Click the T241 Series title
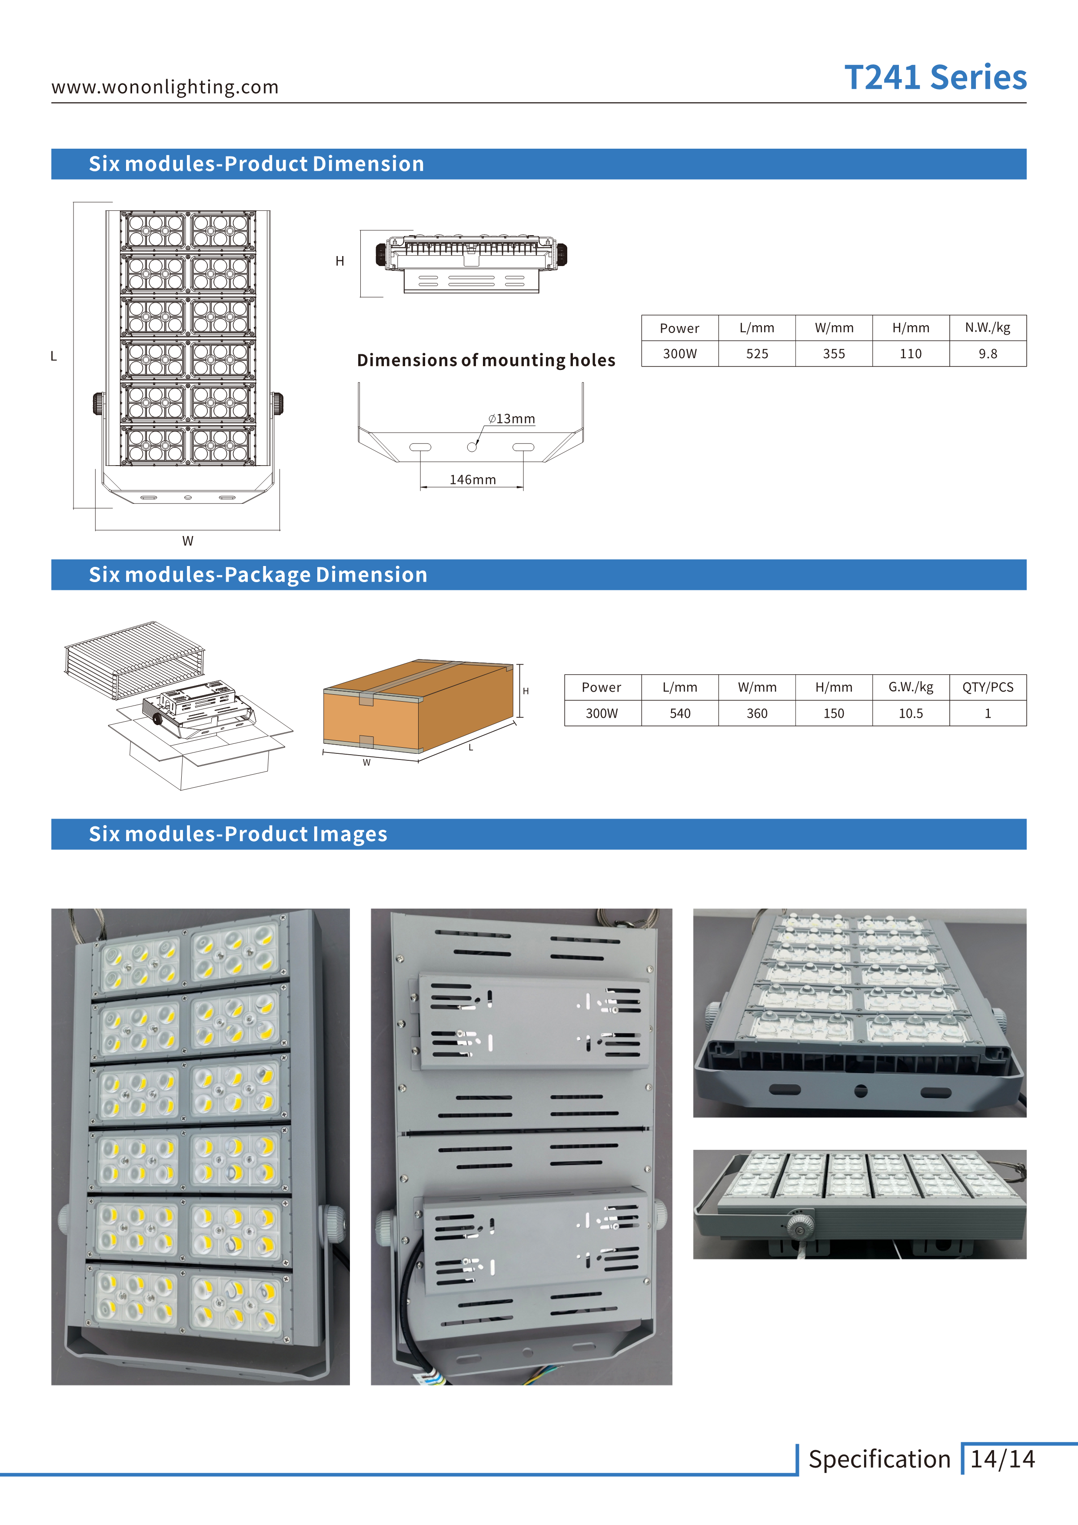coord(935,78)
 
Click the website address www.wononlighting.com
coord(165,87)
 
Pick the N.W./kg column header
coord(987,327)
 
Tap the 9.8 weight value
coord(987,354)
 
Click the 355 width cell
coord(834,354)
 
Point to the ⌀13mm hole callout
coord(512,419)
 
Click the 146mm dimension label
coord(472,479)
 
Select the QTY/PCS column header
coord(987,687)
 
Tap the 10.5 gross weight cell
coord(911,713)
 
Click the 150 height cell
coord(834,713)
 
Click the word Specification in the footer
coord(879,1459)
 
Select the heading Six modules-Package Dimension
coord(258,575)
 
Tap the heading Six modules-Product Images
coord(238,834)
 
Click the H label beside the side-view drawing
coord(339,261)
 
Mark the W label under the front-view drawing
coord(188,541)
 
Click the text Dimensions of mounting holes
coord(486,360)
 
